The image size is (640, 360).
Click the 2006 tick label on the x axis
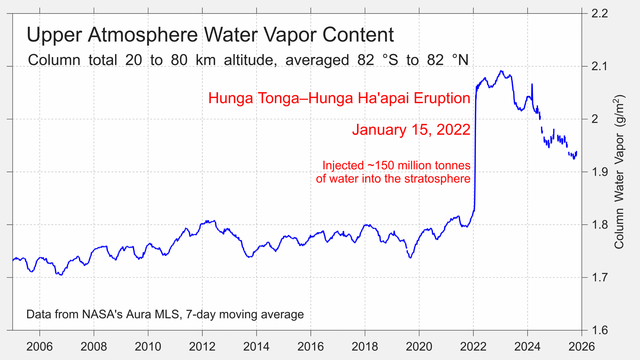click(40, 347)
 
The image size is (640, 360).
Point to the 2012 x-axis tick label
click(202, 347)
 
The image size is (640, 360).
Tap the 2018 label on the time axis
click(365, 347)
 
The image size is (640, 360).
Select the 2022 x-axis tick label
click(473, 347)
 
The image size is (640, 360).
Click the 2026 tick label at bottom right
click(581, 347)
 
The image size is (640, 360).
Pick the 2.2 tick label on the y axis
click(599, 14)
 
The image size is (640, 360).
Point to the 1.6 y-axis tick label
click(599, 330)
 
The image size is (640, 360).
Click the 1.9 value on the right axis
click(599, 172)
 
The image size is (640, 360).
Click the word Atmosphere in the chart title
click(143, 35)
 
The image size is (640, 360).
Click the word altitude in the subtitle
click(249, 60)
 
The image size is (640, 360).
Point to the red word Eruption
click(442, 98)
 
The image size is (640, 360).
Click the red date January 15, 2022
click(411, 130)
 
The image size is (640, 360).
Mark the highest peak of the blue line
click(501, 71)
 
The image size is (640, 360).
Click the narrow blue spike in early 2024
click(532, 85)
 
